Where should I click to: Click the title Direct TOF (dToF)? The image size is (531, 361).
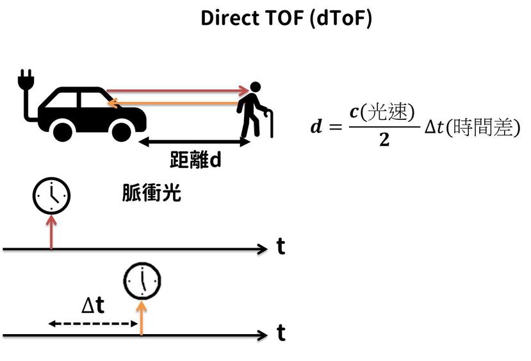[x=286, y=18]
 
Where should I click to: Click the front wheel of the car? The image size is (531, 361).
[x=121, y=131]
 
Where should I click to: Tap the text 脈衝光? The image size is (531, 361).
[x=151, y=194]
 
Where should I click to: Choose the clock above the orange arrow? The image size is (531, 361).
[x=142, y=281]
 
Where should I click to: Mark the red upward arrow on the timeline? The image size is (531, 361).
[x=51, y=231]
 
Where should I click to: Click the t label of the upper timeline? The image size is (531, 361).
[x=281, y=247]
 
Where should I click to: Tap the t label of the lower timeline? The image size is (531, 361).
[x=281, y=333]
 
